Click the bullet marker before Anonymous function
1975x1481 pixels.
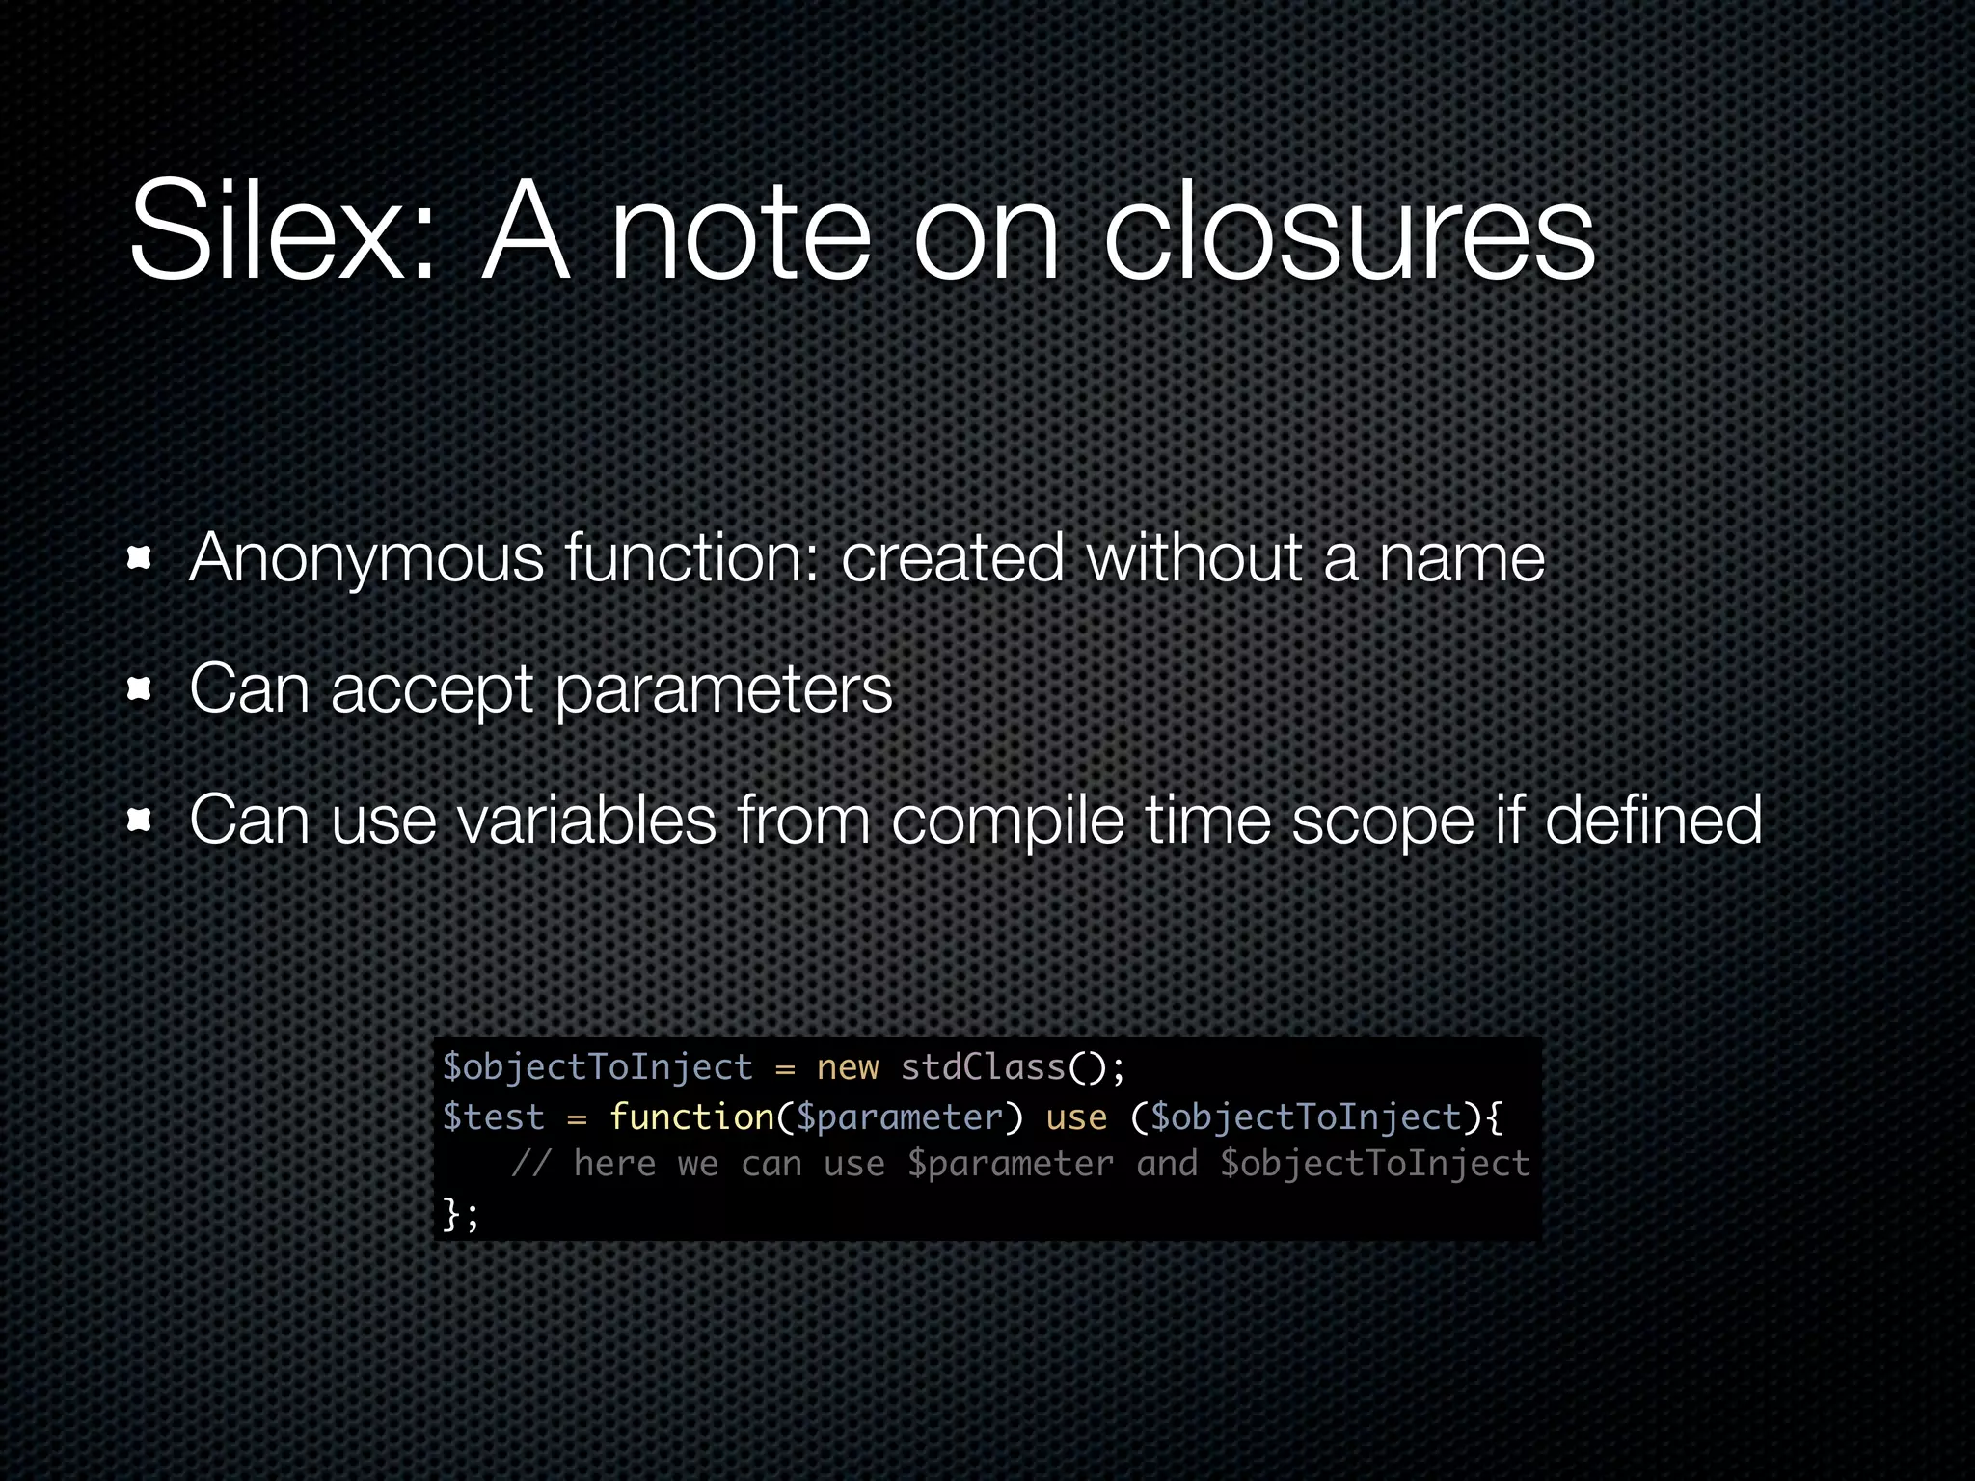tap(140, 558)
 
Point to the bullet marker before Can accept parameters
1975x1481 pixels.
tap(140, 688)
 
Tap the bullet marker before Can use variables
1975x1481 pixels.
tap(140, 820)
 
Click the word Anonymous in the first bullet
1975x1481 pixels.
tap(366, 558)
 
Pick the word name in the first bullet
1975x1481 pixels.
tap(1461, 558)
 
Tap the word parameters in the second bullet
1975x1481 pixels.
tap(724, 690)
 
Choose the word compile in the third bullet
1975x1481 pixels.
tap(1008, 821)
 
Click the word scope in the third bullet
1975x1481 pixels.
tap(1383, 821)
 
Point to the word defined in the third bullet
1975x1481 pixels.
tap(1653, 820)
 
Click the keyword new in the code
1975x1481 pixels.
tap(848, 1067)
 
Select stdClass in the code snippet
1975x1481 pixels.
tap(983, 1067)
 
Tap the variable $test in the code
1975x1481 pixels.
tap(493, 1117)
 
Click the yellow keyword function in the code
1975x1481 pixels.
tap(691, 1117)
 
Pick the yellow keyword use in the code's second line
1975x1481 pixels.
tap(1076, 1117)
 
